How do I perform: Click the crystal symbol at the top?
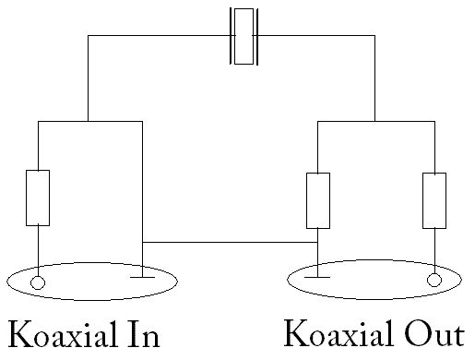click(243, 36)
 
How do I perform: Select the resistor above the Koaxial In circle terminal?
click(38, 198)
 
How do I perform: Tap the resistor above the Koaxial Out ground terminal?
click(318, 200)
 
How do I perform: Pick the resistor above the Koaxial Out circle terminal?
click(434, 200)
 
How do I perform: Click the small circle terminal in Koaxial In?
click(38, 282)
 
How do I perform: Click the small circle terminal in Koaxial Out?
click(434, 280)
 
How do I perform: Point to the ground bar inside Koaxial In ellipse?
click(142, 277)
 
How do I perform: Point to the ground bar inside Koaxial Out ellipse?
click(317, 277)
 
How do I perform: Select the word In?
click(144, 334)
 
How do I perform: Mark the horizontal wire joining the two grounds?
click(230, 242)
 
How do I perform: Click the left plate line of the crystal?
click(231, 36)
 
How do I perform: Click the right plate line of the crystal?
click(257, 37)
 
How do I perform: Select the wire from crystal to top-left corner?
click(160, 35)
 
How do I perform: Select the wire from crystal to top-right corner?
click(316, 35)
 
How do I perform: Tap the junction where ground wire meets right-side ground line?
click(317, 242)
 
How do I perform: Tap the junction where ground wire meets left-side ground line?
click(142, 242)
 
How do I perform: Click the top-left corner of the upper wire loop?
click(89, 35)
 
